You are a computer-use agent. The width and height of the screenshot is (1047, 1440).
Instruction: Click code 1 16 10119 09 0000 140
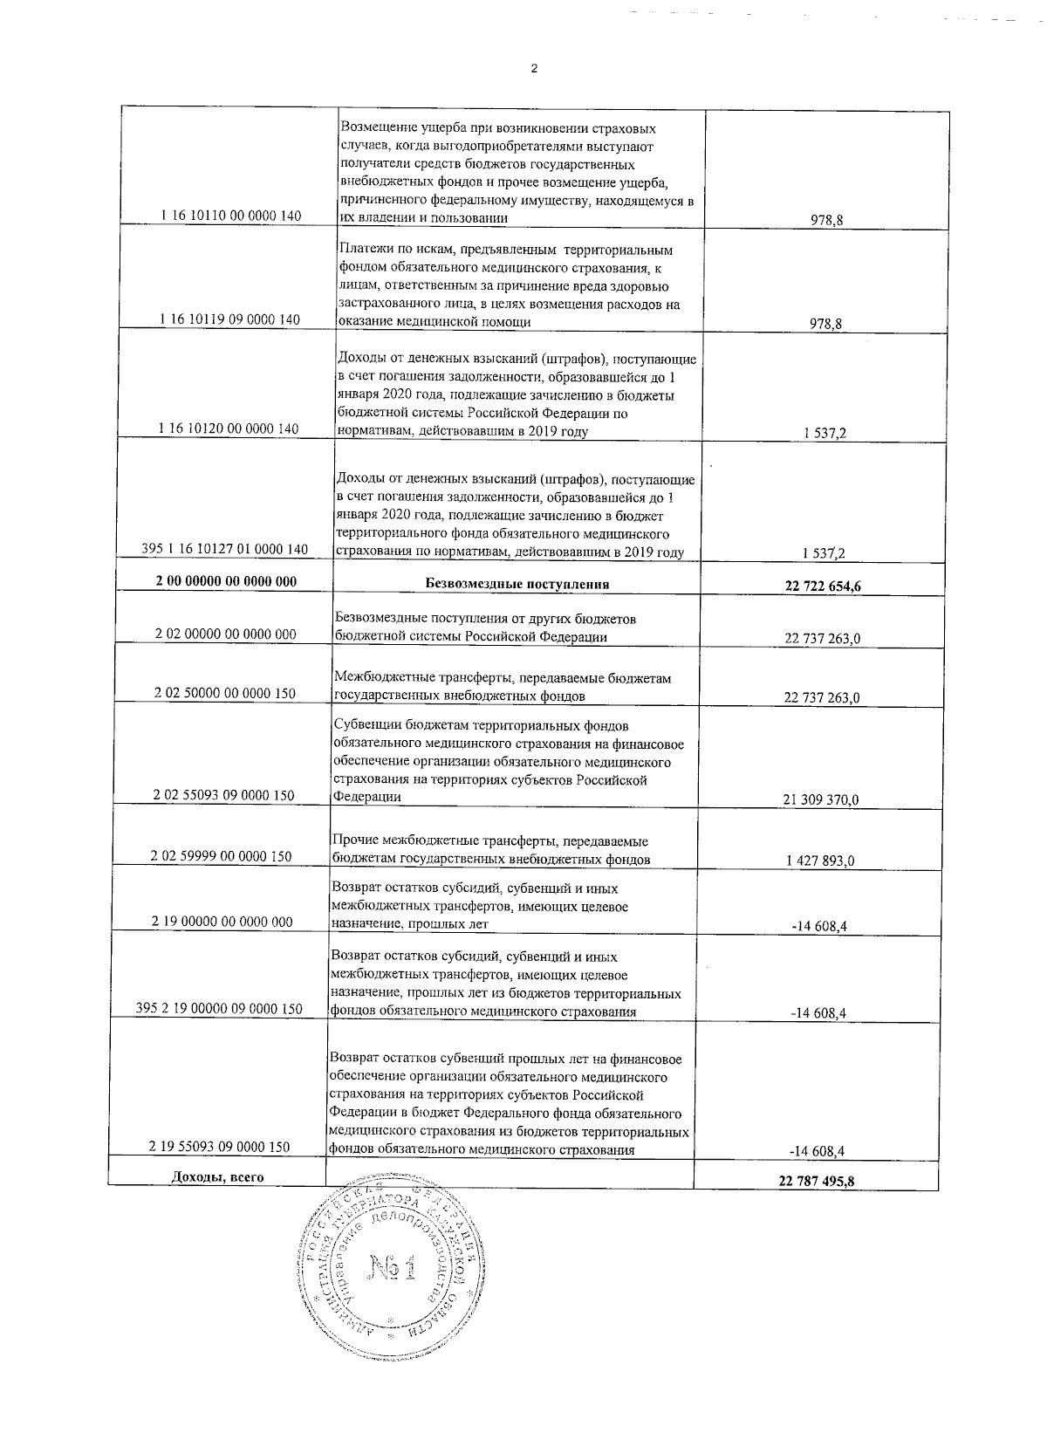[x=230, y=319]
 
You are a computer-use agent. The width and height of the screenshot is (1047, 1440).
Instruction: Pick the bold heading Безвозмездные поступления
[x=517, y=583]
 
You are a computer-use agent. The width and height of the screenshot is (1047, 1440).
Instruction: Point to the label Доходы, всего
[x=218, y=1177]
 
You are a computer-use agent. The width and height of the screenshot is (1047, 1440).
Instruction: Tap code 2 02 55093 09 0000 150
[x=223, y=795]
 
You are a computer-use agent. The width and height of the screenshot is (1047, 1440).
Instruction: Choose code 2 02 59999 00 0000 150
[x=222, y=856]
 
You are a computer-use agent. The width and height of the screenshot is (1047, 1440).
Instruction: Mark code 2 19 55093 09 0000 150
[x=220, y=1146]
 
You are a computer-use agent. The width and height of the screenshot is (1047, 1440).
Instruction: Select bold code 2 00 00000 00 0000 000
[x=226, y=581]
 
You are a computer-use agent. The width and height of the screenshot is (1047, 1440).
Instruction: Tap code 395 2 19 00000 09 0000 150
[x=220, y=1008]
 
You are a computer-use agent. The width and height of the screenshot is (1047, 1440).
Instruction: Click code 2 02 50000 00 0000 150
[x=224, y=693]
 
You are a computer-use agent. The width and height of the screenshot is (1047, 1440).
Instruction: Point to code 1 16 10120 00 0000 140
[x=229, y=429]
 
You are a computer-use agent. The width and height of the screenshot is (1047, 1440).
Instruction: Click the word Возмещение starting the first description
[x=375, y=127]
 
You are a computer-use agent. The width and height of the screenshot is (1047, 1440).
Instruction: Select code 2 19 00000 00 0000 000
[x=222, y=921]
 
